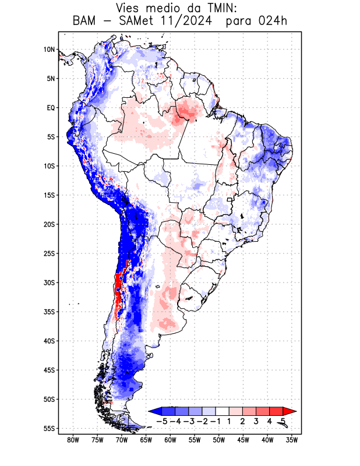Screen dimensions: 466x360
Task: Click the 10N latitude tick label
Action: (49, 50)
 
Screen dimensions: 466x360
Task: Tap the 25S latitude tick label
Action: (49, 253)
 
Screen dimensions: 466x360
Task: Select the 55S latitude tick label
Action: (49, 428)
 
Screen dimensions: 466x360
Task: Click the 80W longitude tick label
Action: (73, 440)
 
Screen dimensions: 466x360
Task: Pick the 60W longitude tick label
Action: (170, 440)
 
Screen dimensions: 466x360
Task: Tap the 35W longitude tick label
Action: (292, 440)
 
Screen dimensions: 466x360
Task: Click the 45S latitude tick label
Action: (49, 370)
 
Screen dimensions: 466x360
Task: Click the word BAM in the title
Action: (85, 22)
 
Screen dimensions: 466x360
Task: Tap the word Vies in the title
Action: (129, 8)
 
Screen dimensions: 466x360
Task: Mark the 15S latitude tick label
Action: (49, 195)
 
